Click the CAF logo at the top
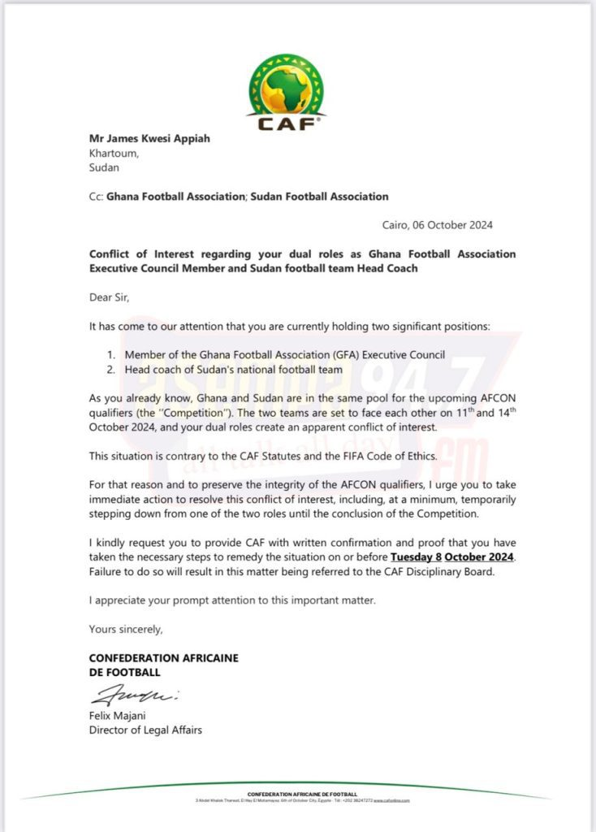[287, 91]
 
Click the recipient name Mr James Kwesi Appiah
[149, 138]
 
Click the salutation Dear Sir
[109, 297]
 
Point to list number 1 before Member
[111, 355]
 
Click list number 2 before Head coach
[111, 370]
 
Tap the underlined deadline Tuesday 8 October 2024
[452, 557]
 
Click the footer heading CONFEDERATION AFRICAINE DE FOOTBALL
[302, 793]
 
